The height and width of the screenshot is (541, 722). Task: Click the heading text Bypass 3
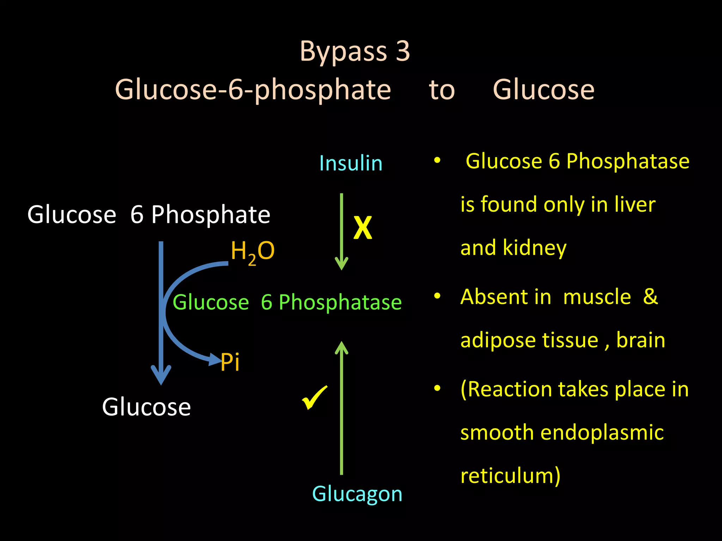point(355,51)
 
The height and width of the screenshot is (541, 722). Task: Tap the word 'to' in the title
point(442,90)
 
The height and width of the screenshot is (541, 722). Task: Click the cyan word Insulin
point(351,163)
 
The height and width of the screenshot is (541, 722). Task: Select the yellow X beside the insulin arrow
point(363,228)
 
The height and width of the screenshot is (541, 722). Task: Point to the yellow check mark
point(314,397)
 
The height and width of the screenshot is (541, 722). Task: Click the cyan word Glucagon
point(357,494)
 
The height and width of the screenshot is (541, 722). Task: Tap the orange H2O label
point(252,251)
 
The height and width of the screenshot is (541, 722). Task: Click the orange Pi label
point(230,362)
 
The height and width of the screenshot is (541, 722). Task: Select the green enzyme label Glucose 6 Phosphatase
point(287,302)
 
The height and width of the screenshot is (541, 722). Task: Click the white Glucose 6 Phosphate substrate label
point(149,214)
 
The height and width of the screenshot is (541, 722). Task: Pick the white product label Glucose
point(146,407)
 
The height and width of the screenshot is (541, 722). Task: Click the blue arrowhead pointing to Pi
point(215,360)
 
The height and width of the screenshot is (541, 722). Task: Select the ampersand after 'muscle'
point(650,297)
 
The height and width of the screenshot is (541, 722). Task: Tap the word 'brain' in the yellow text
point(641,340)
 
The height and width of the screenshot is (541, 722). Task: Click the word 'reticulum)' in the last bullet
point(510,475)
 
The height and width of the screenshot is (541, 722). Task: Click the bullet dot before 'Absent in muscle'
point(437,296)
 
